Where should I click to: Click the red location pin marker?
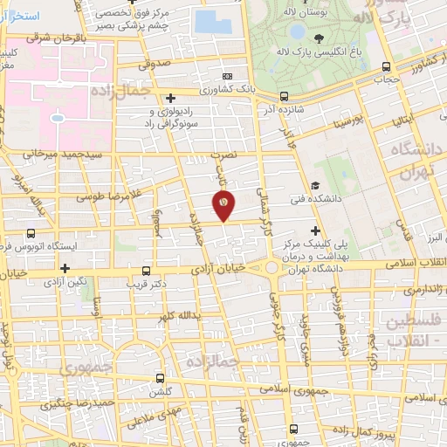[x=224, y=204]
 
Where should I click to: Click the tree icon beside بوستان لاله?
[x=318, y=38]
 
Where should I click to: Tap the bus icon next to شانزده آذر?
[x=285, y=97]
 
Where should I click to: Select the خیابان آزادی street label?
[x=221, y=271]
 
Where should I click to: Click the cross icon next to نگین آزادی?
[x=65, y=267]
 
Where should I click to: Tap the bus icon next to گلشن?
[x=159, y=379]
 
